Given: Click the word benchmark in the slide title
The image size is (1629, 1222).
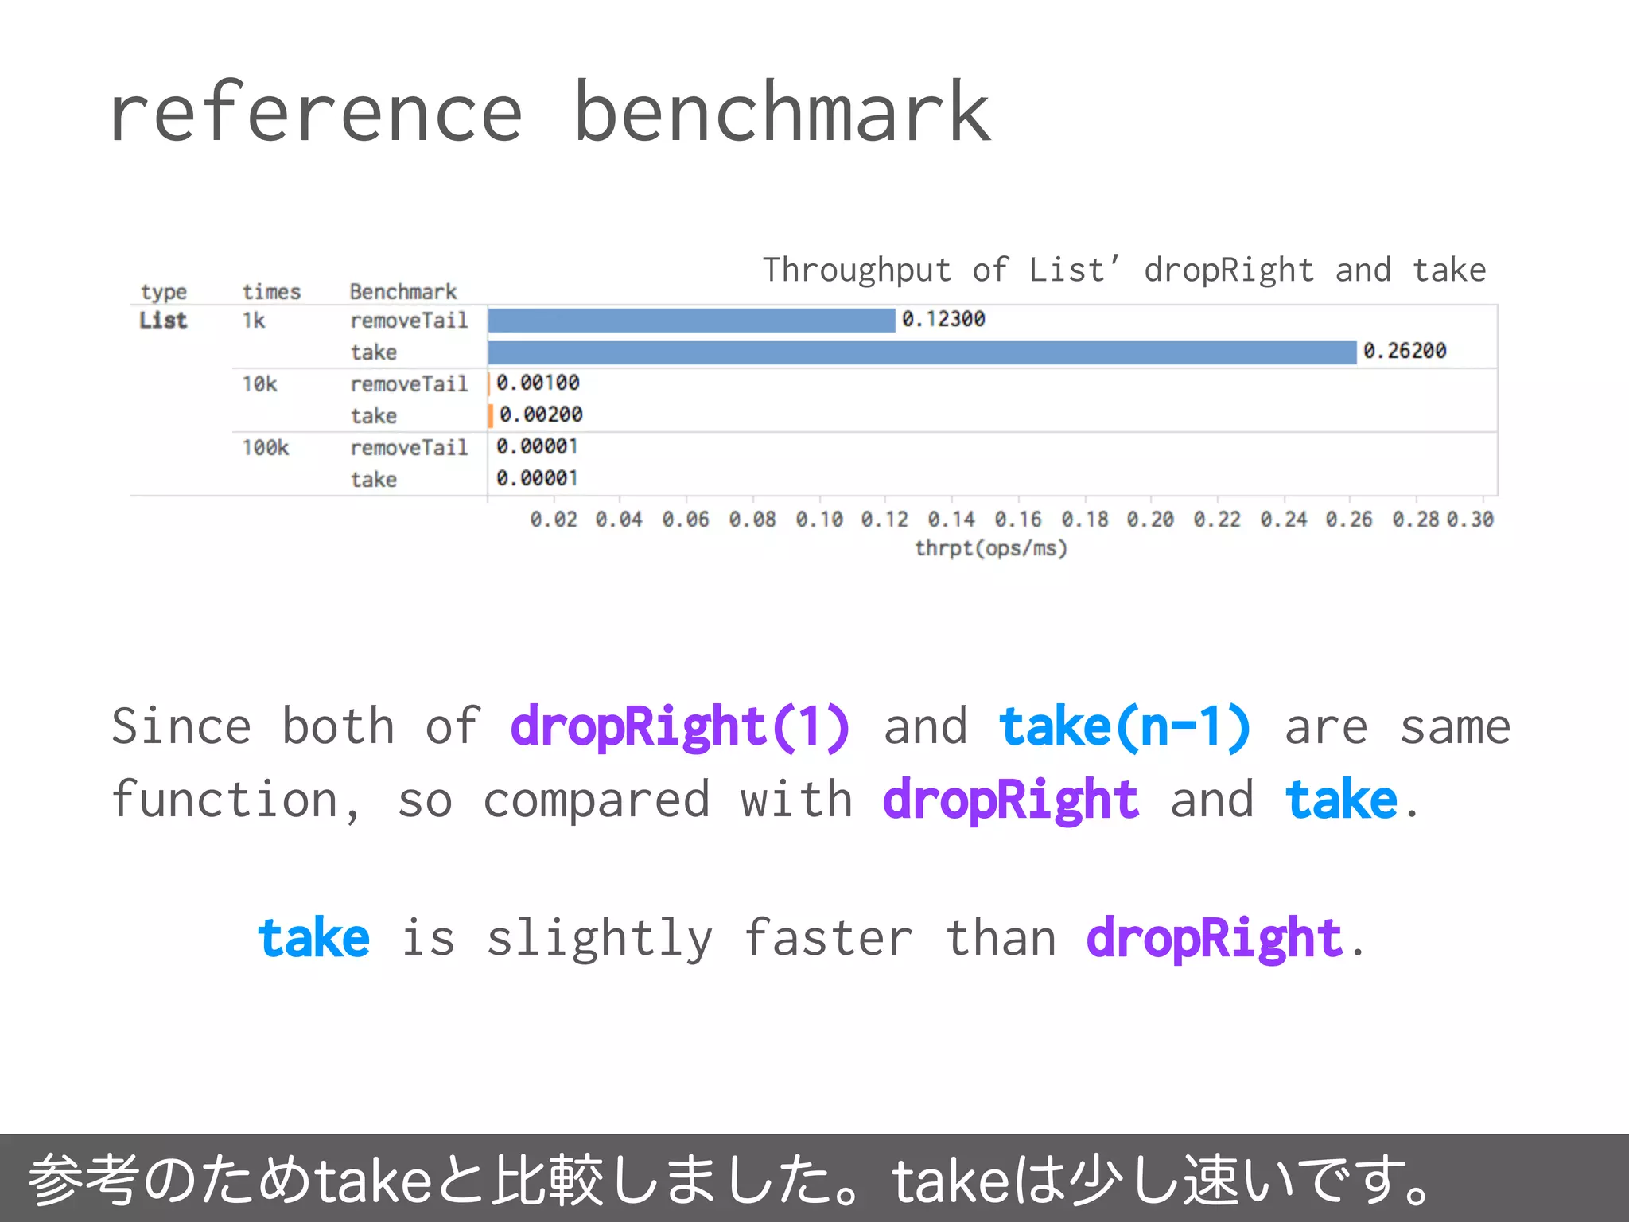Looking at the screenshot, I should pos(782,113).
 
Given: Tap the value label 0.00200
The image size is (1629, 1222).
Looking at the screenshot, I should pos(541,414).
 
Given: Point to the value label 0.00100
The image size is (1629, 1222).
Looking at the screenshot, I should pos(538,383).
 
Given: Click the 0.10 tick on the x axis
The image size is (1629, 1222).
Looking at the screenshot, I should pos(819,520).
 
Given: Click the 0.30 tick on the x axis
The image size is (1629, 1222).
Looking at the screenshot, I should pos(1470,520).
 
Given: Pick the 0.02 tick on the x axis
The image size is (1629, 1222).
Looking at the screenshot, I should pos(554,520).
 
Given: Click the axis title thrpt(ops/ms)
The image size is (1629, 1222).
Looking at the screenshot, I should pos(990,548).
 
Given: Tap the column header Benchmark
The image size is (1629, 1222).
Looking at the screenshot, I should pos(403,292).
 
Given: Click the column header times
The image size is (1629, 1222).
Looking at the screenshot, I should pos(271,292).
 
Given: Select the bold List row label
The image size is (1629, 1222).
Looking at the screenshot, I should pos(163,321).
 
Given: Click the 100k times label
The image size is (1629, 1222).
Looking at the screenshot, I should pos(266,448).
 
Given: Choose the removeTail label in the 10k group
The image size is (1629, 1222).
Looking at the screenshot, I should pos(409,384).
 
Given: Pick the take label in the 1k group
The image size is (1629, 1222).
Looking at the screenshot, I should pos(374,352).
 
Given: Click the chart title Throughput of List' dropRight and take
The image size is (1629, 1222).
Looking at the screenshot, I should pos(1124,270).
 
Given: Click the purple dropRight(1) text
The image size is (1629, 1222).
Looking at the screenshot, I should pos(680,726).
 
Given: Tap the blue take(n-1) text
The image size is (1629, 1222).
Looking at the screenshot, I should pos(1125,726).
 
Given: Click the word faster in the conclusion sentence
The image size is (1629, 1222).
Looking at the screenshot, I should pos(828,938).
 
